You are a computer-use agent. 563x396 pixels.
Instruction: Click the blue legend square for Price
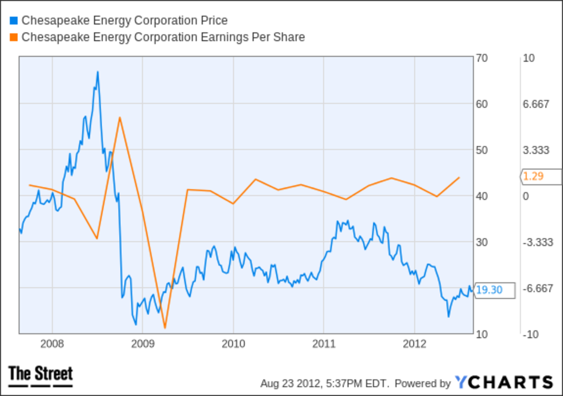(x=13, y=21)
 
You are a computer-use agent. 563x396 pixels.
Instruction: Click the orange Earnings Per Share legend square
(x=13, y=37)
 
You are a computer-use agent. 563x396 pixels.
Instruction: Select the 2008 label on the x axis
(x=52, y=344)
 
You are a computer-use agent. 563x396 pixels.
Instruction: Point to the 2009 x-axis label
(x=143, y=344)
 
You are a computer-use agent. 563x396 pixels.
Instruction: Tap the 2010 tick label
(x=233, y=344)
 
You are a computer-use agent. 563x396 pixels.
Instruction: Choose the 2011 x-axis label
(x=324, y=344)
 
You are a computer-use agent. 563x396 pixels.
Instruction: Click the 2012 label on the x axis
(x=414, y=344)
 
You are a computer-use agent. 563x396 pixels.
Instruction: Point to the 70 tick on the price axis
(x=483, y=58)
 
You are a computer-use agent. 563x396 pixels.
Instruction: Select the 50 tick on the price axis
(x=483, y=150)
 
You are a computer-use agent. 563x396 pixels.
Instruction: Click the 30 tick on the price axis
(x=483, y=242)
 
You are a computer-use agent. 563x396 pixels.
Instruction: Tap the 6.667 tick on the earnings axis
(x=536, y=104)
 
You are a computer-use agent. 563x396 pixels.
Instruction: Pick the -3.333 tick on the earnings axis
(x=536, y=242)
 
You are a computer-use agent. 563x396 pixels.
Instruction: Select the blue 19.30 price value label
(x=489, y=290)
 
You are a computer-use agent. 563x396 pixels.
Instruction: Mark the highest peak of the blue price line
(x=98, y=72)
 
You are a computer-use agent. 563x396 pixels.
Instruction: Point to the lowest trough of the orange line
(x=165, y=327)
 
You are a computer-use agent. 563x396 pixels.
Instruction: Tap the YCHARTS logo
(x=504, y=382)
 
